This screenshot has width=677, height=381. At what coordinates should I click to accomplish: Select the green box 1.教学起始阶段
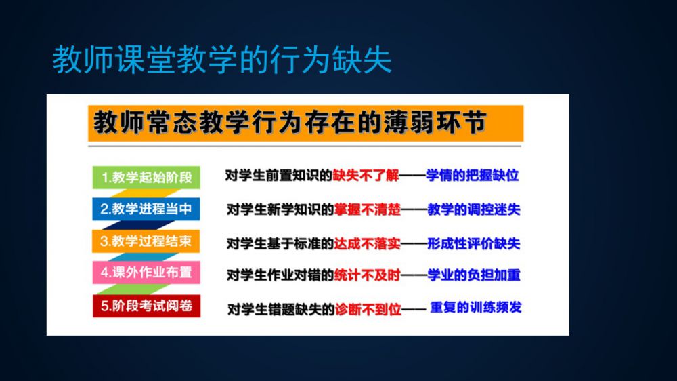[x=146, y=178]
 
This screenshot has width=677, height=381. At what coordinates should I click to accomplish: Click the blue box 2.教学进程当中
[x=146, y=209]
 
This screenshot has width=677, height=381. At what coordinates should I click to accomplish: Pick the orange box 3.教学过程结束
[x=146, y=241]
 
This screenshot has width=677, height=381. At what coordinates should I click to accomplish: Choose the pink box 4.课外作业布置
[x=146, y=273]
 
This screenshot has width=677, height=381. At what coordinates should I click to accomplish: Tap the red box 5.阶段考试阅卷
[x=146, y=306]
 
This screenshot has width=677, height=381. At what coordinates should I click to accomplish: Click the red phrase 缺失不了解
[x=366, y=176]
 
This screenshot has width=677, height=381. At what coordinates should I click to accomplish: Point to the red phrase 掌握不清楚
[x=368, y=209]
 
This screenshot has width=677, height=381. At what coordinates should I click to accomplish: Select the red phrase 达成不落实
[x=368, y=244]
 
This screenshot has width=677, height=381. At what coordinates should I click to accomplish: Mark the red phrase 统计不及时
[x=368, y=275]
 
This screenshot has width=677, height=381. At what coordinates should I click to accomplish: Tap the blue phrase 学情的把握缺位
[x=473, y=176]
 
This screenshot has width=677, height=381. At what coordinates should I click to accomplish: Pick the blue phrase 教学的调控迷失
[x=474, y=209]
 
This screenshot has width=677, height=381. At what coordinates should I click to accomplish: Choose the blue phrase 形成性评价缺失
[x=474, y=244]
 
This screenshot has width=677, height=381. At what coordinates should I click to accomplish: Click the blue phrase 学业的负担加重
[x=474, y=275]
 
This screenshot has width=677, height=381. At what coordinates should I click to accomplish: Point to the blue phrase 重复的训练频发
[x=476, y=308]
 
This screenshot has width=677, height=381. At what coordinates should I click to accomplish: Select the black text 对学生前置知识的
[x=279, y=176]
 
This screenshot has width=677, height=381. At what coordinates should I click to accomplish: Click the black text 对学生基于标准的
[x=281, y=244]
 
